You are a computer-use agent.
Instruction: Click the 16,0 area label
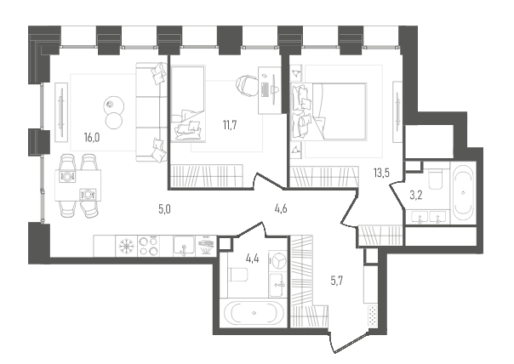(x=92, y=138)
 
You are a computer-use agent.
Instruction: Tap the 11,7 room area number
(x=230, y=125)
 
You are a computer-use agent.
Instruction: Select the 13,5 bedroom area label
(x=381, y=173)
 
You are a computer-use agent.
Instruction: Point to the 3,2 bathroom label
(x=416, y=196)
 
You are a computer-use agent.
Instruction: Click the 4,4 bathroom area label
(x=253, y=259)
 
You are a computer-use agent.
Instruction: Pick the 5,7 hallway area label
(x=337, y=281)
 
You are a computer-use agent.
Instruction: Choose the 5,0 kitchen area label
(x=164, y=209)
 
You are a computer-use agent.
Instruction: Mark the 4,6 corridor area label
(x=281, y=208)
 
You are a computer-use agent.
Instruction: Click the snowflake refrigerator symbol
(x=127, y=246)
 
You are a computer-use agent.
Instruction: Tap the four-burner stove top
(x=148, y=246)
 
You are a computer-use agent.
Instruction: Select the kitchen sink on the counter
(x=184, y=246)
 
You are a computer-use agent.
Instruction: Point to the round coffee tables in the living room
(x=114, y=113)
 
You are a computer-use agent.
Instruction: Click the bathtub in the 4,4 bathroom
(x=254, y=313)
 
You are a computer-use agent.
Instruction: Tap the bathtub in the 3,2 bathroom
(x=463, y=192)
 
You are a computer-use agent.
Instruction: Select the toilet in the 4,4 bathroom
(x=239, y=275)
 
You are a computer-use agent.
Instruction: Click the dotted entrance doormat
(x=372, y=316)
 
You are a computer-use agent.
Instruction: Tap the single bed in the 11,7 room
(x=188, y=105)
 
